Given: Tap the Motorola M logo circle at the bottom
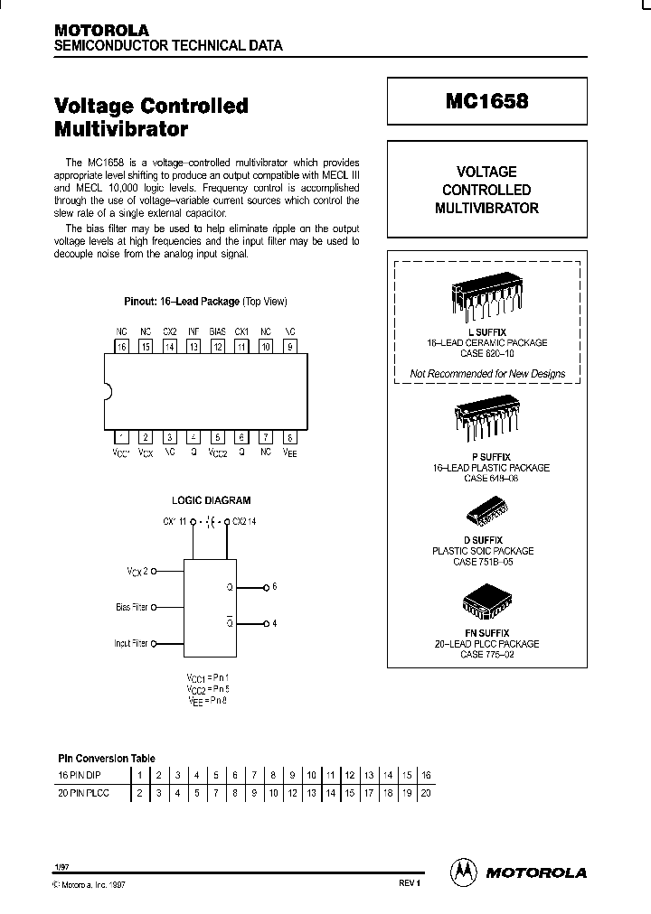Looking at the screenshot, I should (x=462, y=872).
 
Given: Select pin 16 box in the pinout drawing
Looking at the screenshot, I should (x=122, y=347).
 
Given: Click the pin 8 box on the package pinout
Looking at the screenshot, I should (x=288, y=437).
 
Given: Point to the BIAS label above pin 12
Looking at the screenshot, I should (x=217, y=331).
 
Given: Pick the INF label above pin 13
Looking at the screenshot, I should (x=193, y=331).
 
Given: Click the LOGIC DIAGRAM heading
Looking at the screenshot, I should (x=211, y=499).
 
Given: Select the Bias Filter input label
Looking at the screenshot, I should (x=132, y=607).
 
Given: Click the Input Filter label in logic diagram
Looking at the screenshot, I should (x=132, y=643).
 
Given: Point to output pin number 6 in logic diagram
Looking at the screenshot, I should (x=274, y=587).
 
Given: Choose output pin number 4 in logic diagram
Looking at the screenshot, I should (x=274, y=623).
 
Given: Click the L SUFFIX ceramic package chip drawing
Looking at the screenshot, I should (x=487, y=296).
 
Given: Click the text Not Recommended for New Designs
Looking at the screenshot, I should (x=487, y=373).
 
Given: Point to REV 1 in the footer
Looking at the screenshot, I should (x=409, y=883).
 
